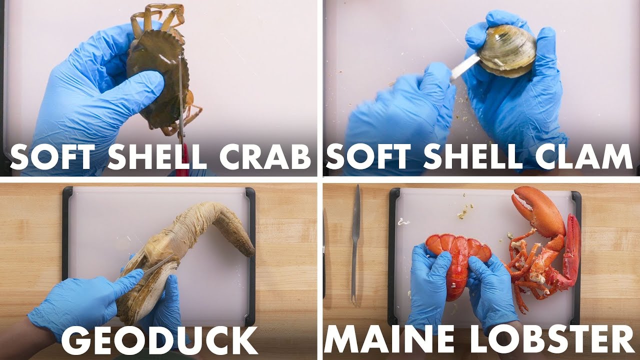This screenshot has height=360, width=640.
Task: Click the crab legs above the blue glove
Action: pyautogui.click(x=157, y=15)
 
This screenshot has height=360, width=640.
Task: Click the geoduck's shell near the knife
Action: pyautogui.click(x=150, y=290)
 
